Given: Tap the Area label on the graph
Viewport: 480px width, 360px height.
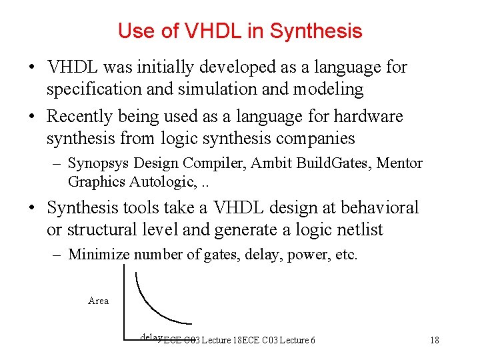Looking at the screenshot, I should (x=98, y=301).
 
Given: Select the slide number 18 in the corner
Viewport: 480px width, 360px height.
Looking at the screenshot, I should (x=435, y=340).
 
